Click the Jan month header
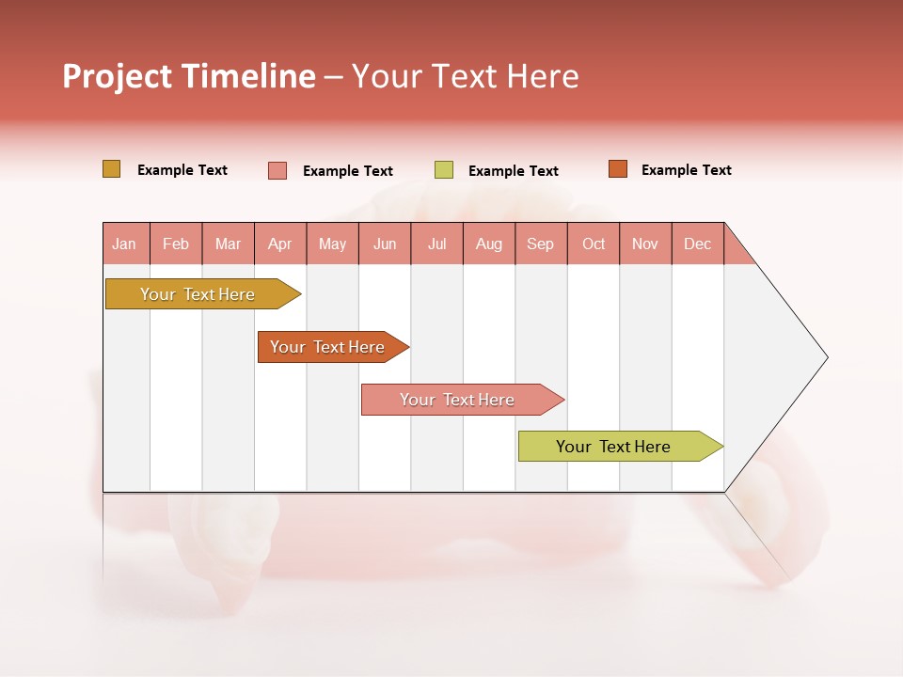(125, 244)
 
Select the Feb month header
(176, 244)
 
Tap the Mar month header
(228, 244)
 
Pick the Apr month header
(280, 244)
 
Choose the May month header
(332, 244)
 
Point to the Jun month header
(385, 244)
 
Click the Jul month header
(436, 244)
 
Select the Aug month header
(489, 244)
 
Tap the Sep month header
(541, 244)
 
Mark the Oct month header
(594, 244)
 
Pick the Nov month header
(645, 244)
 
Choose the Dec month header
(698, 244)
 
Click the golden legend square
(112, 169)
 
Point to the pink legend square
(277, 170)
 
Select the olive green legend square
(444, 170)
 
